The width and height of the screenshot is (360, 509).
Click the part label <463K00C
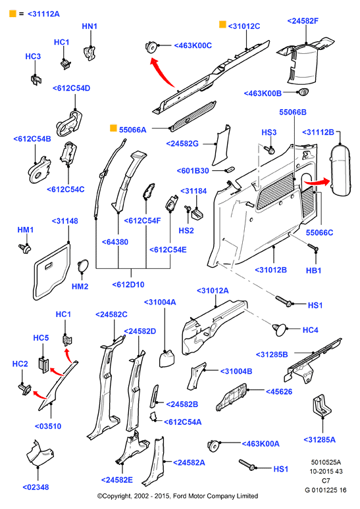coord(193,45)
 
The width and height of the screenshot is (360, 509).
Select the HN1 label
coord(90,26)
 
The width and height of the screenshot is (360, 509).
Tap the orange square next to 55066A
coord(113,128)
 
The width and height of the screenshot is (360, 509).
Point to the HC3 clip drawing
coord(36,80)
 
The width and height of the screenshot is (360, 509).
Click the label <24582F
coord(303,21)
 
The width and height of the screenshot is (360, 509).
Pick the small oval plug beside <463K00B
coord(303,92)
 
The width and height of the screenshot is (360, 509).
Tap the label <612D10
coord(128,285)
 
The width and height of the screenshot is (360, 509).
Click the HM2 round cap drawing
coord(82,266)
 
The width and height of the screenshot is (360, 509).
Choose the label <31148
coord(65,221)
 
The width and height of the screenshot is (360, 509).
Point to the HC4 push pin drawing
coord(280,329)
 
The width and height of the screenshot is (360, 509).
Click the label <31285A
coord(319,440)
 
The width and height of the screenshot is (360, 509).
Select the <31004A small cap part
coord(167,358)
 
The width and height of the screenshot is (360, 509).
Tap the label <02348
coord(36,487)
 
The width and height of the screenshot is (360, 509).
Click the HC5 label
coord(41,338)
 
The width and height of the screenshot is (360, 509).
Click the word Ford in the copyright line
coord(180,496)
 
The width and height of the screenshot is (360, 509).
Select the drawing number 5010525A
coord(326,462)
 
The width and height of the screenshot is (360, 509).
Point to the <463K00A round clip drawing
coord(213,445)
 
